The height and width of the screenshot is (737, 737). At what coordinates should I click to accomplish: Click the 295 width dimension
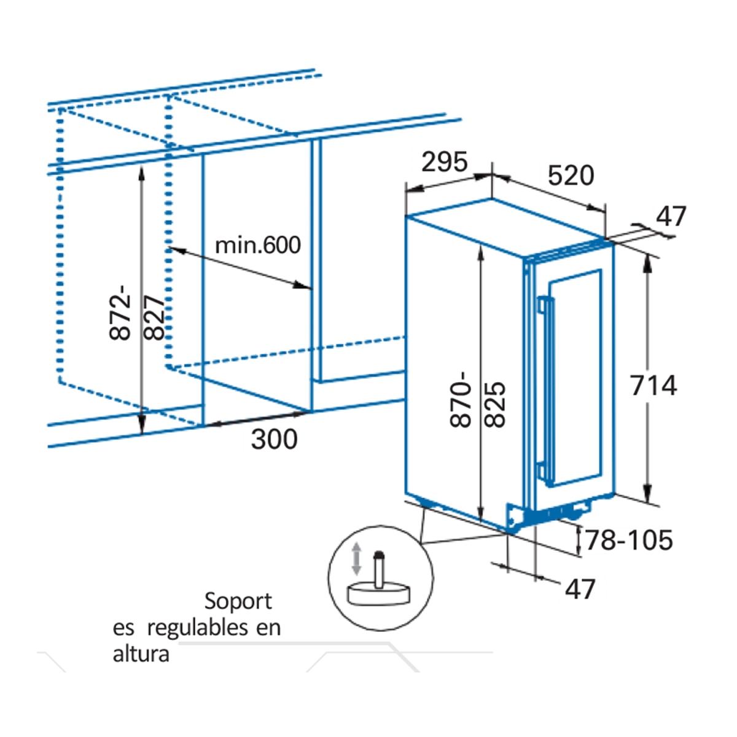tap(445, 162)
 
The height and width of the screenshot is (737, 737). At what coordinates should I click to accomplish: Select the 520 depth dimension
tap(571, 176)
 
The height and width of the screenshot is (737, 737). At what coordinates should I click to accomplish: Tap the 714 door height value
tap(653, 385)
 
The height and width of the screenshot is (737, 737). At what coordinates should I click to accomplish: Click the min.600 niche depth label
tap(258, 245)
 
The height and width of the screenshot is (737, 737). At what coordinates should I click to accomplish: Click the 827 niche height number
tap(154, 317)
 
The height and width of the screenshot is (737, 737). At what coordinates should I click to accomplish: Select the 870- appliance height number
tap(460, 399)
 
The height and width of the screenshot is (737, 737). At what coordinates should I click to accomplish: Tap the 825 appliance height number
tap(495, 404)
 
